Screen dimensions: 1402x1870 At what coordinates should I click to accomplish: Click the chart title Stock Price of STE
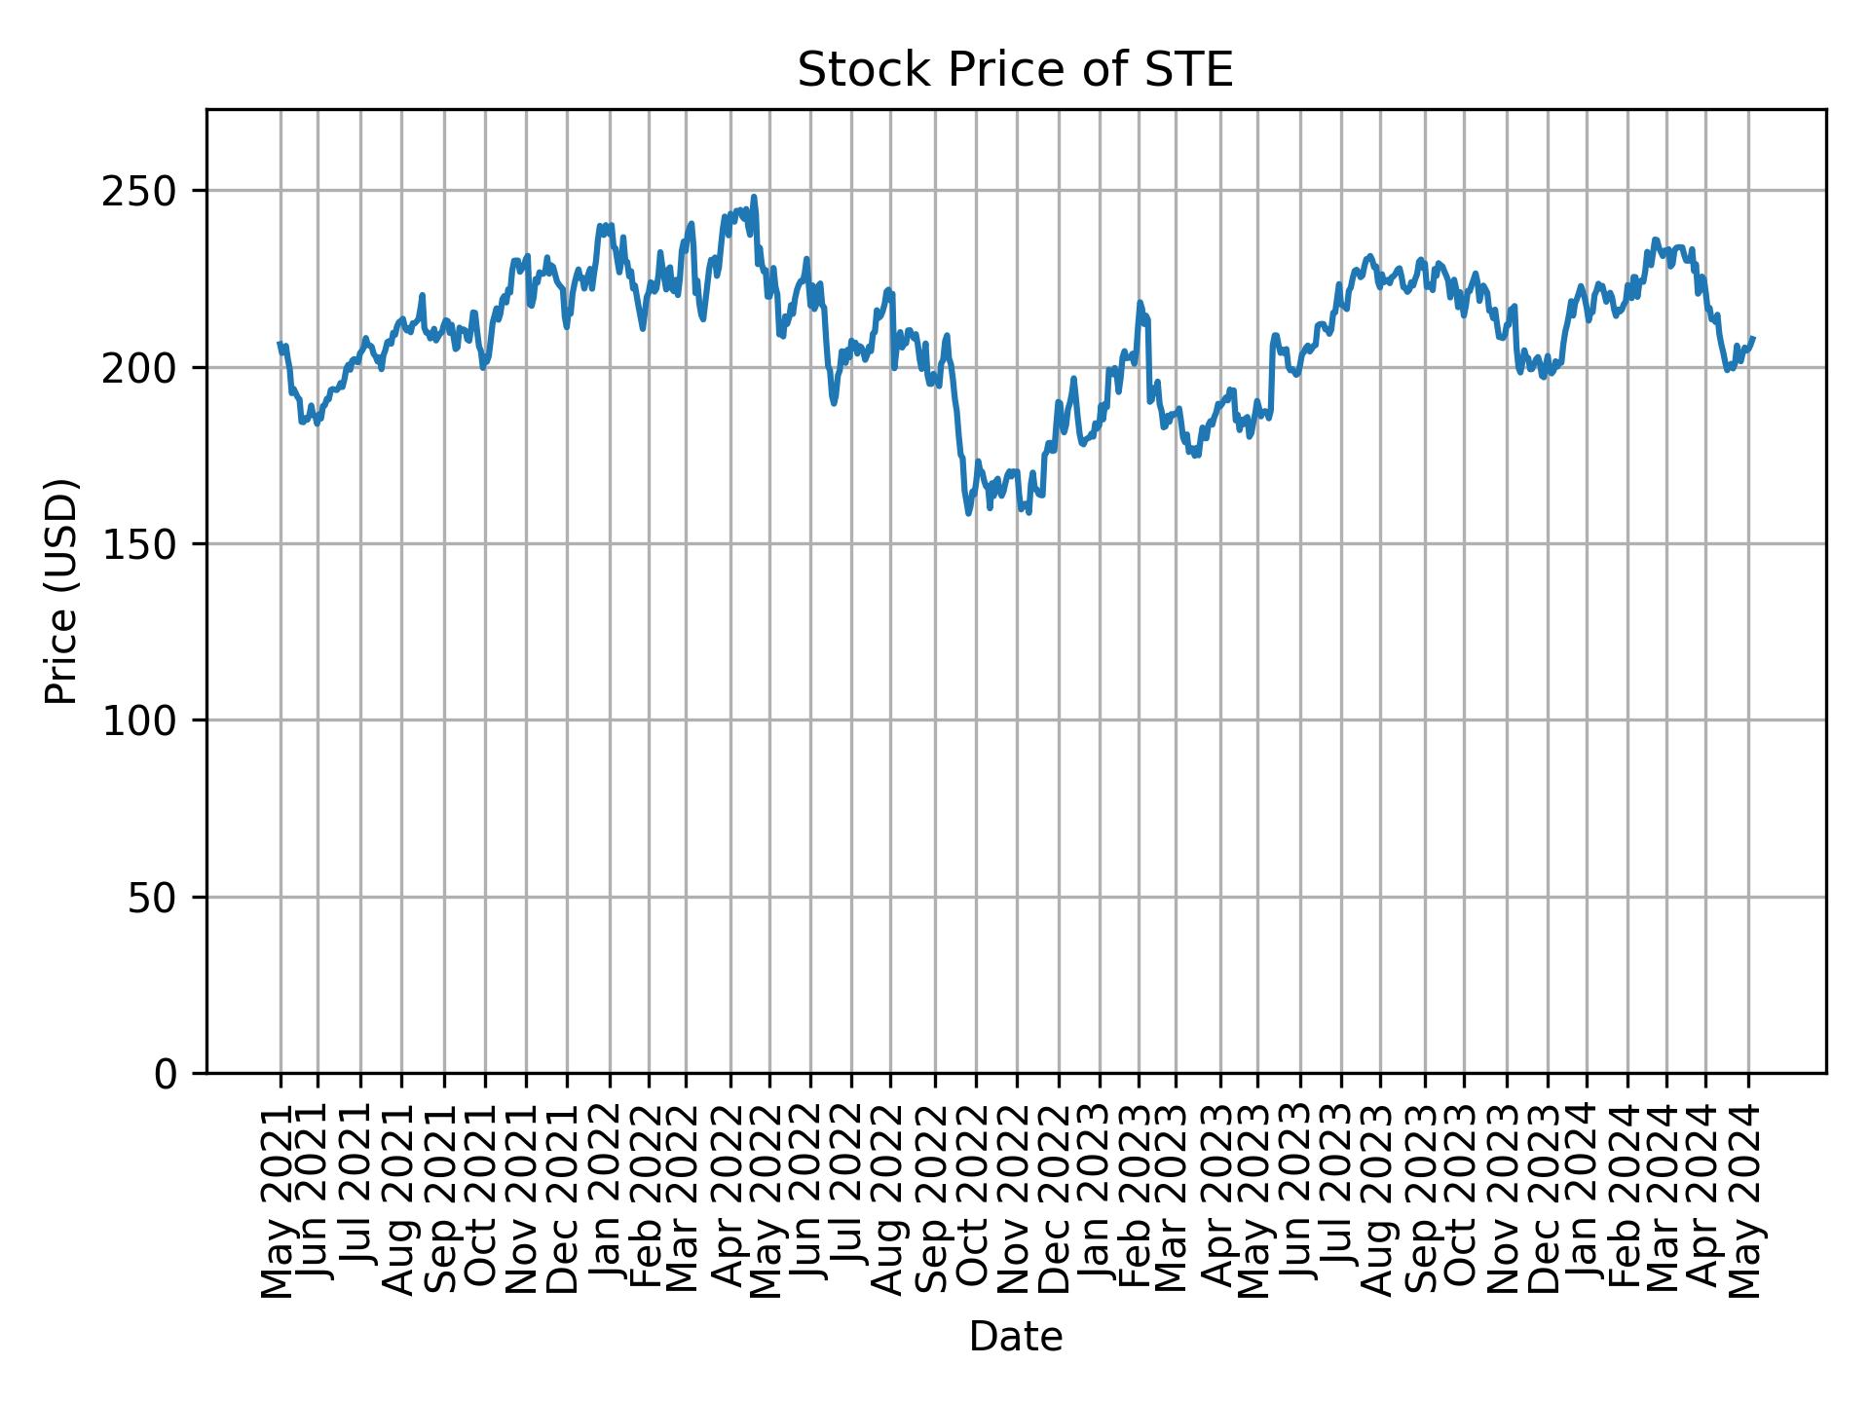coord(1015,71)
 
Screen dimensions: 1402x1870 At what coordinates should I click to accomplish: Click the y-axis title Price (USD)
coord(61,591)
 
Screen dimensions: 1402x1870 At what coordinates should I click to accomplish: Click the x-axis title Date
coord(1015,1337)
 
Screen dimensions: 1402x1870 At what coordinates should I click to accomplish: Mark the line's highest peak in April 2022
coord(754,198)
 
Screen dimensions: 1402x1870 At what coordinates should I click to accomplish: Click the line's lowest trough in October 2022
coord(969,513)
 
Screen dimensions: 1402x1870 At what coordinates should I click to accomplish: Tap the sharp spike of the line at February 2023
coord(1140,303)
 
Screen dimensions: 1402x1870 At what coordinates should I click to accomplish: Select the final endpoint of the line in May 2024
coord(1753,338)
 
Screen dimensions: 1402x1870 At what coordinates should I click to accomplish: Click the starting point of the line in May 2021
coord(280,343)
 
